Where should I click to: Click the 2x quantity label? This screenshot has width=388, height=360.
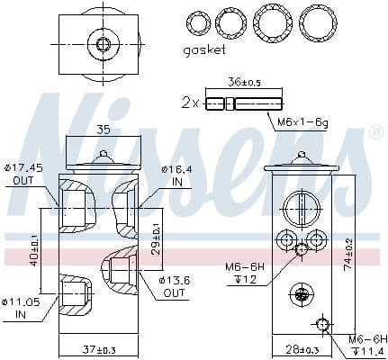pyautogui.click(x=190, y=103)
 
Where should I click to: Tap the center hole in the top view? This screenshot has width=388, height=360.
pyautogui.click(x=103, y=43)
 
